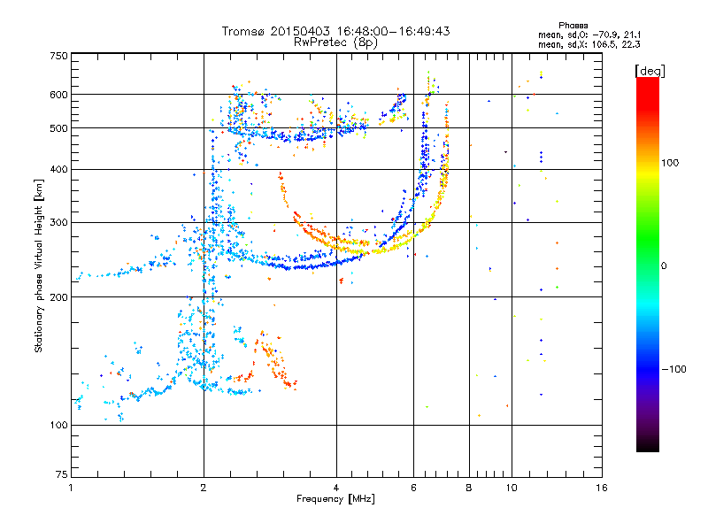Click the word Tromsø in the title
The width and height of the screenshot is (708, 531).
pyautogui.click(x=243, y=31)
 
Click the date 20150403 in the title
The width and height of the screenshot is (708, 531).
pyautogui.click(x=300, y=31)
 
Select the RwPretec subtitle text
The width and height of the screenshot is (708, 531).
pyautogui.click(x=321, y=42)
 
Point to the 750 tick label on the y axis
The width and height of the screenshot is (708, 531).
pyautogui.click(x=59, y=56)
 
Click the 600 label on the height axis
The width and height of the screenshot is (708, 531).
pyautogui.click(x=59, y=95)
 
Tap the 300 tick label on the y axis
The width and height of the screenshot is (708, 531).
pyautogui.click(x=59, y=223)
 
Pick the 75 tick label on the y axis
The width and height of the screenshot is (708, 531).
pyautogui.click(x=62, y=474)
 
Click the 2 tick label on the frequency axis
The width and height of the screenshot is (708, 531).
pyautogui.click(x=204, y=488)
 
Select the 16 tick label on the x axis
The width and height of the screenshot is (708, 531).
pyautogui.click(x=602, y=488)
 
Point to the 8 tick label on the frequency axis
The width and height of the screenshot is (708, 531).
pyautogui.click(x=469, y=488)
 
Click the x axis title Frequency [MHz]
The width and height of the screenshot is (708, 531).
pyautogui.click(x=335, y=499)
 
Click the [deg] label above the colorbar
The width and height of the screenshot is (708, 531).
pyautogui.click(x=650, y=72)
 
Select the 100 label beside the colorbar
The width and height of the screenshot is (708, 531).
pyautogui.click(x=670, y=163)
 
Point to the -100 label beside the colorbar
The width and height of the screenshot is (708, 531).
pyautogui.click(x=673, y=369)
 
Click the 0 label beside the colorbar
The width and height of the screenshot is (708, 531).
pyautogui.click(x=664, y=266)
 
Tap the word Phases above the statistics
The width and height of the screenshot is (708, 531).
pyautogui.click(x=573, y=26)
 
